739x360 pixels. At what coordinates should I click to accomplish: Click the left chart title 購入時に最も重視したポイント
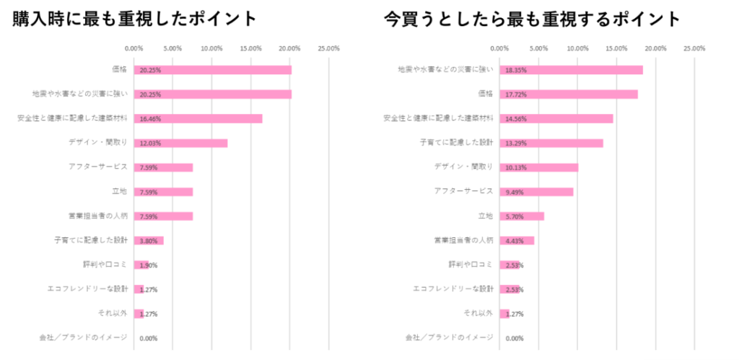(134, 19)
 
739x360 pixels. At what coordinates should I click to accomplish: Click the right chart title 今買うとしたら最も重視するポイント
(532, 19)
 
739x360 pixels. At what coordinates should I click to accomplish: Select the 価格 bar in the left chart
(213, 70)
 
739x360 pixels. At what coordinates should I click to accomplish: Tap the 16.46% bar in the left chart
(198, 118)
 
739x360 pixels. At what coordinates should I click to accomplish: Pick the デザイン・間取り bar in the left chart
(181, 143)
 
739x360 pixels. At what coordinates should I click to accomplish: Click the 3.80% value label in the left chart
(148, 241)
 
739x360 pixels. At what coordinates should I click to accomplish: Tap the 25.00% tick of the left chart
(328, 49)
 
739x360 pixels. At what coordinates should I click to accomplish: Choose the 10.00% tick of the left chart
(211, 49)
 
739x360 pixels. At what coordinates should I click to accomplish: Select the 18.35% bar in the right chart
(571, 70)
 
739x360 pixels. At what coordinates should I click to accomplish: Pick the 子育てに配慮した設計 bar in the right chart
(551, 143)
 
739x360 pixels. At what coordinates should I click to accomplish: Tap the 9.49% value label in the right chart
(515, 192)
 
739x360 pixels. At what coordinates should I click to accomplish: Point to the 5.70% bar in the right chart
(522, 216)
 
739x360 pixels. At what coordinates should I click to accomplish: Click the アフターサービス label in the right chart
(463, 191)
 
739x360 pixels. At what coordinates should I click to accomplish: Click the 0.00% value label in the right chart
(515, 338)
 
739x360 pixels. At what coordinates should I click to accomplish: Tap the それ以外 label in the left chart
(113, 313)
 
